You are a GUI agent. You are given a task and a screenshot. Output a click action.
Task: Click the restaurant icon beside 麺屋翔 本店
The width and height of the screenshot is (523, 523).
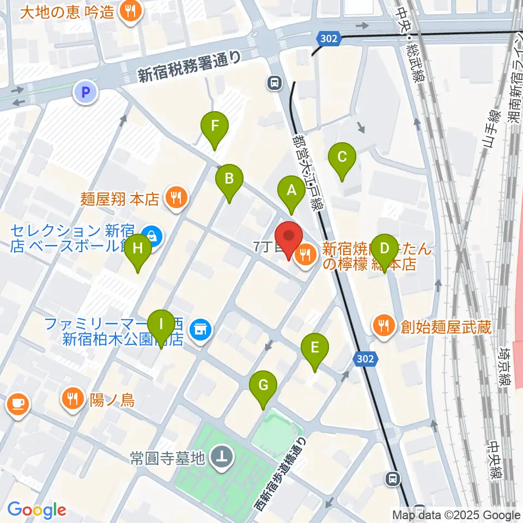coord(175,197)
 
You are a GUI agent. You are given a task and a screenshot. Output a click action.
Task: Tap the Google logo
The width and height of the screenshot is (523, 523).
coord(37,510)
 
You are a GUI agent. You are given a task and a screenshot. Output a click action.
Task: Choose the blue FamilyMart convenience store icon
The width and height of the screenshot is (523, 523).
coord(200,330)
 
